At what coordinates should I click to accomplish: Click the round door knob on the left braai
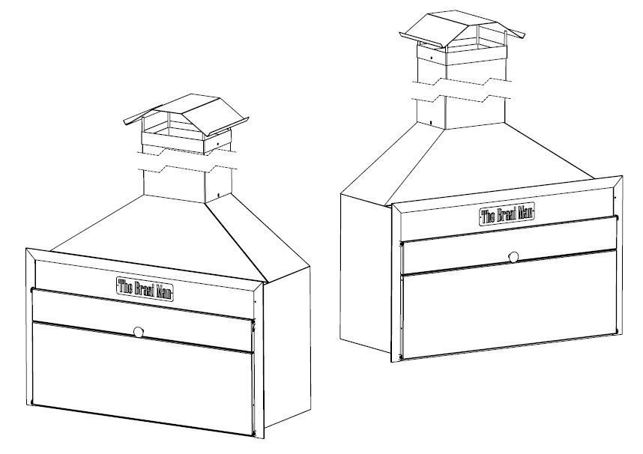pyautogui.click(x=139, y=332)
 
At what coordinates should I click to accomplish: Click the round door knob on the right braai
pyautogui.click(x=513, y=257)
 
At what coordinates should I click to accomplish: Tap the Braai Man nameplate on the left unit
pyautogui.click(x=145, y=288)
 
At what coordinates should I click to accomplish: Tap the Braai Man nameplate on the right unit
pyautogui.click(x=507, y=214)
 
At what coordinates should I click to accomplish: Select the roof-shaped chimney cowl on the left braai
pyautogui.click(x=187, y=115)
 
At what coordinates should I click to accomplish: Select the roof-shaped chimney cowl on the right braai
pyautogui.click(x=462, y=29)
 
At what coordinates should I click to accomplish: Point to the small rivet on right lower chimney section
pyautogui.click(x=431, y=122)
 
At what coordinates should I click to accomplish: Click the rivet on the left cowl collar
pyautogui.click(x=218, y=144)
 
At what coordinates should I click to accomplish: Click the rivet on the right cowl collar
pyautogui.click(x=431, y=56)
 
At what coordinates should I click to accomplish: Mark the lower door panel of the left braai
pyautogui.click(x=142, y=378)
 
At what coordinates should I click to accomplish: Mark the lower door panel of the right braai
pyautogui.click(x=510, y=304)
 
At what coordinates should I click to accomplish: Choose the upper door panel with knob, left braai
pyautogui.click(x=142, y=320)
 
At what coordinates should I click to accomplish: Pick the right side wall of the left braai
pyautogui.click(x=287, y=348)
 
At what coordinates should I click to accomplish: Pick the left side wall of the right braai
pyautogui.click(x=366, y=273)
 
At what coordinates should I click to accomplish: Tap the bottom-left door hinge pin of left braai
pyautogui.click(x=32, y=402)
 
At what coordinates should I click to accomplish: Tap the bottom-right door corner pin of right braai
pyautogui.click(x=616, y=331)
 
